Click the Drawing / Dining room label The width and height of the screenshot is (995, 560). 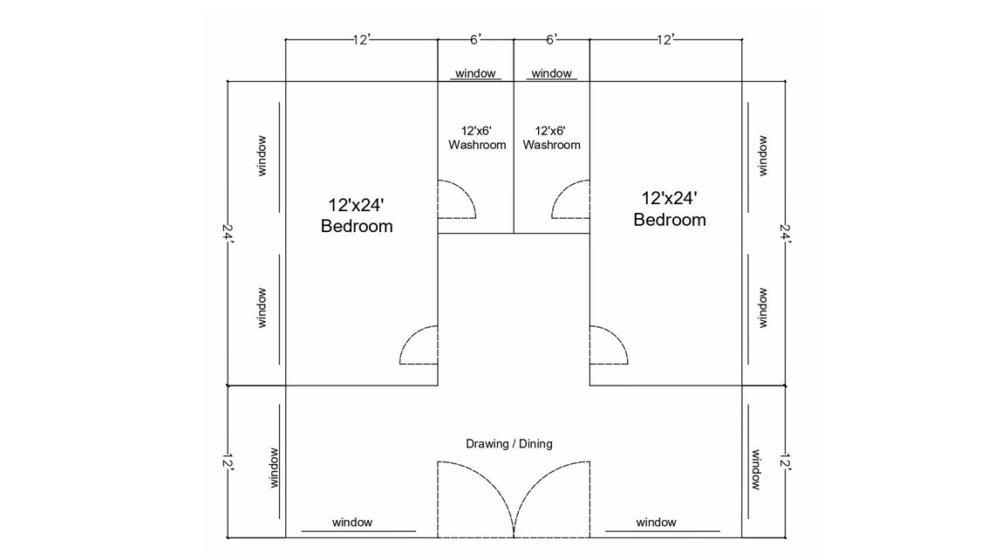(508, 444)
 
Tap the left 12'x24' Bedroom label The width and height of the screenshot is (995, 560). (357, 215)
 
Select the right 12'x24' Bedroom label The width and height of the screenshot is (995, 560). (670, 208)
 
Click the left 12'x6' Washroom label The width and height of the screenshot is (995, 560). (477, 137)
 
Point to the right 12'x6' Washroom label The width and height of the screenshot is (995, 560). (551, 137)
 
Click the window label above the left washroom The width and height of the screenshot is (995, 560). (475, 74)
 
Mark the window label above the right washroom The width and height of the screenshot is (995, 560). (551, 74)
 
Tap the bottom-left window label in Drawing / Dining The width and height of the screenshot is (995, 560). (352, 522)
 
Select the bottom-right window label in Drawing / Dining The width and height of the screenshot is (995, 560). (656, 522)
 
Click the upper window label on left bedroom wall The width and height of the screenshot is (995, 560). (261, 156)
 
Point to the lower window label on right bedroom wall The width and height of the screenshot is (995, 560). (763, 308)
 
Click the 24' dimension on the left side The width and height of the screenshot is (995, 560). (228, 234)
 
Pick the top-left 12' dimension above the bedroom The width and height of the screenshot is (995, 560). (361, 39)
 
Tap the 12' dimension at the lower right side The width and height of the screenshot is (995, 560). (785, 462)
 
